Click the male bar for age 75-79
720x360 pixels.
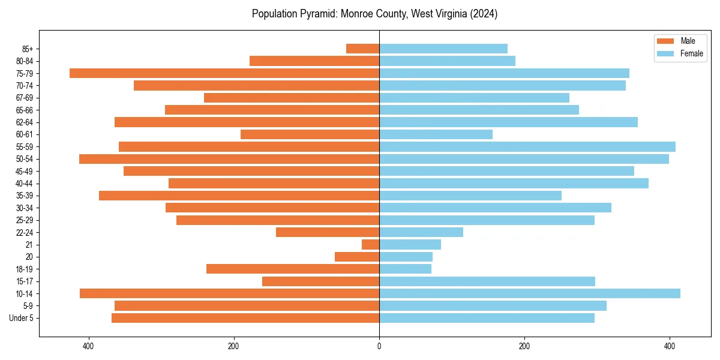(224, 73)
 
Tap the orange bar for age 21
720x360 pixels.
(370, 245)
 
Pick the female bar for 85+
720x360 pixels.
(443, 49)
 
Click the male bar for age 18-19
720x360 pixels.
(293, 269)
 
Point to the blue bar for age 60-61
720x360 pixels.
(436, 134)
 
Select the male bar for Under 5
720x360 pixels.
(245, 318)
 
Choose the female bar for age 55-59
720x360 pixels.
(527, 146)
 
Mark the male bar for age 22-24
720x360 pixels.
(328, 232)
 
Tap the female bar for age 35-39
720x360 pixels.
(470, 196)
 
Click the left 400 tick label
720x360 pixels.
(88, 346)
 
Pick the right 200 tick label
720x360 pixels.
(524, 346)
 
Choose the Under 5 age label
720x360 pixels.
(21, 318)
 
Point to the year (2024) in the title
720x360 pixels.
(484, 14)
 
